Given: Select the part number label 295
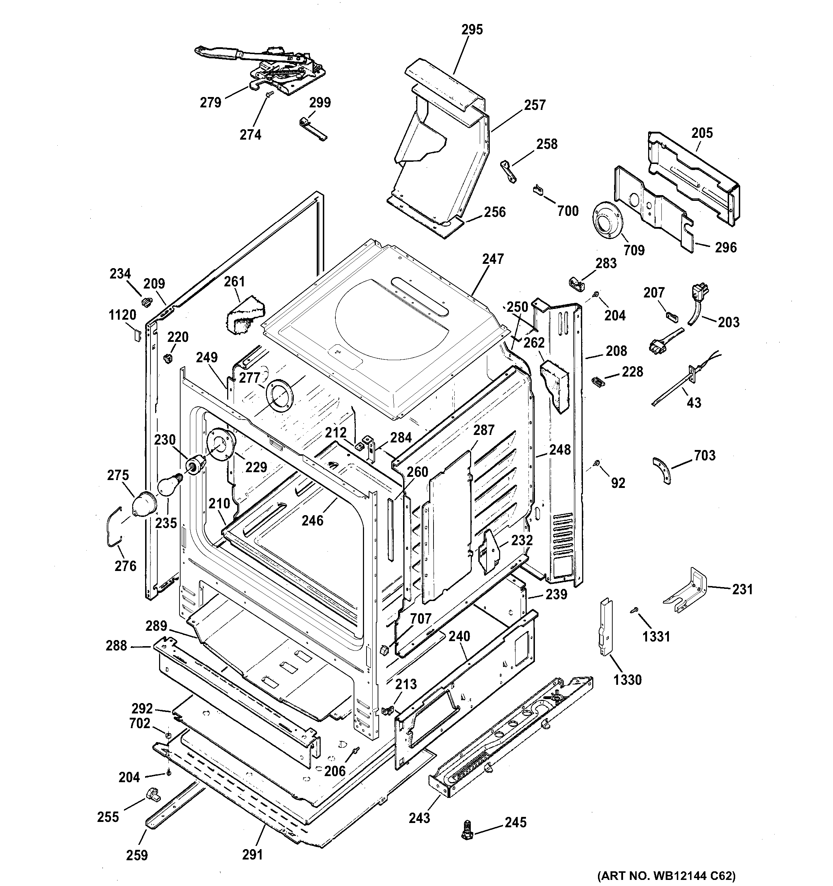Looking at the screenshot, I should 472,29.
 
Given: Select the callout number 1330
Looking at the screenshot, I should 627,680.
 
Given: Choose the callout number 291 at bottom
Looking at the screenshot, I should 252,854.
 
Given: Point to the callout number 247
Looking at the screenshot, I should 492,258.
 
